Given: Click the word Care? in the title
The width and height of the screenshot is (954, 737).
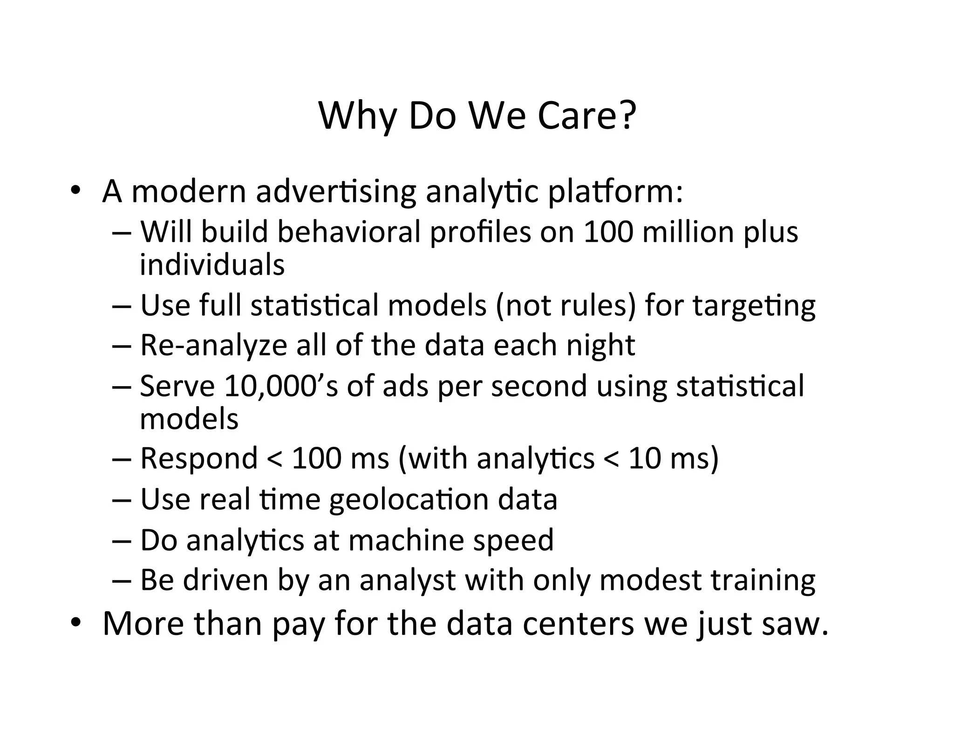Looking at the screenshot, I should [586, 116].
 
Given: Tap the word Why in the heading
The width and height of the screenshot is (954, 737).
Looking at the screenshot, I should [357, 116].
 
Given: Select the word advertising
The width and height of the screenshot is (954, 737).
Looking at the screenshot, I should [335, 191].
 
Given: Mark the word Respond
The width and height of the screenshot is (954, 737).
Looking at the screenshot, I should [199, 458].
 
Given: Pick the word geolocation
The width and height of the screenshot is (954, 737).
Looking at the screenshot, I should [409, 500].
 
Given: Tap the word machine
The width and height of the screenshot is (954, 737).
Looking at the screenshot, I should [406, 540].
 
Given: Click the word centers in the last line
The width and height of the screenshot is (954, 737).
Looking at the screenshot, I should [578, 623].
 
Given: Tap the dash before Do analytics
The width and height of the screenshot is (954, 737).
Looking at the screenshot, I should [122, 541].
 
